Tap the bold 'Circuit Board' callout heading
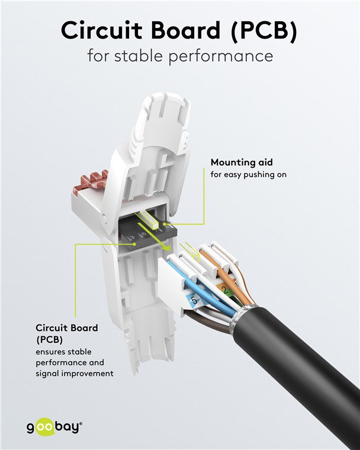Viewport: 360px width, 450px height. pos(67,327)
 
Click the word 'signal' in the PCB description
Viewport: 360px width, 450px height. pos(49,374)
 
